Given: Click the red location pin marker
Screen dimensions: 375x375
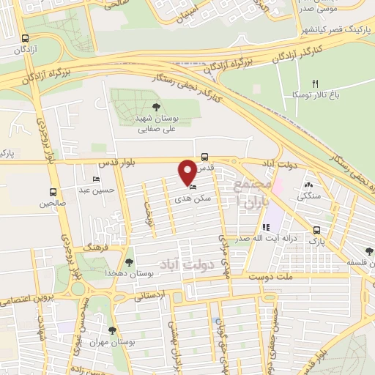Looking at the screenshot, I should coord(188,171).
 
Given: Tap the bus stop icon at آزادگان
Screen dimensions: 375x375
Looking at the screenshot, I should coord(26,39).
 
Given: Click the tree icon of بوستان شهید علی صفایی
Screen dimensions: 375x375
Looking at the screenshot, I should coord(157,108).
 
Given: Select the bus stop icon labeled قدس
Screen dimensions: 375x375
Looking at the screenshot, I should coord(204,156).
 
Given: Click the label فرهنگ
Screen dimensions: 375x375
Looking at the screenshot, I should coord(96,248).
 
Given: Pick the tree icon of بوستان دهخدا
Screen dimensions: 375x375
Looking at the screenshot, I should coord(130,261).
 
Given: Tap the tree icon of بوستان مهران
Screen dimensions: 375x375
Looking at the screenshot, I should coord(112,330).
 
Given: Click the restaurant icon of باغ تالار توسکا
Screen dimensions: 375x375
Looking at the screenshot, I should coord(316,84).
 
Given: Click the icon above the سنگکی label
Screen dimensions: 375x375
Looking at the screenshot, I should coord(308,186).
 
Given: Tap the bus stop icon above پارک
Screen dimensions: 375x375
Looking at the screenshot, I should coord(315,229).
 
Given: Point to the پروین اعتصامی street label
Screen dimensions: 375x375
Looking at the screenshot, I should coord(26,301).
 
